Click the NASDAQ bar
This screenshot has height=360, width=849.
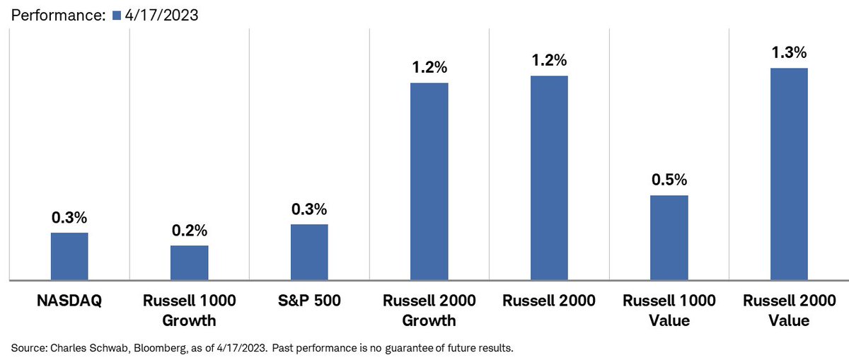coord(69,256)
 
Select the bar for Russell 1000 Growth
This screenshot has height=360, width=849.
coord(189,262)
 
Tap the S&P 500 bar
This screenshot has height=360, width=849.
coord(309,252)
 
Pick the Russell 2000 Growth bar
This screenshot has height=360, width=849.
coord(429,181)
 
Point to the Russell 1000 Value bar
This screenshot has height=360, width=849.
coord(669,238)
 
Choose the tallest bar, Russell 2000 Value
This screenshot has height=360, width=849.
coord(789,174)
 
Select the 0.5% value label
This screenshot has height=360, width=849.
coord(669,180)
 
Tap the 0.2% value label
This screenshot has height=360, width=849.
coord(189,231)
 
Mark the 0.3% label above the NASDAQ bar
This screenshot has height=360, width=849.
coord(69,217)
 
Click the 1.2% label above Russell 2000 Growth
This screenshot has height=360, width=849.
coord(429,68)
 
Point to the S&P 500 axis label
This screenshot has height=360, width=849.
coord(309,301)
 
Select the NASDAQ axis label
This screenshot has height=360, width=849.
coord(69,301)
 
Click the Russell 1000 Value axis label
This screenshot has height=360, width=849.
coord(669,310)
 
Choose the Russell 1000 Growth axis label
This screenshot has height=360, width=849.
coord(189,310)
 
